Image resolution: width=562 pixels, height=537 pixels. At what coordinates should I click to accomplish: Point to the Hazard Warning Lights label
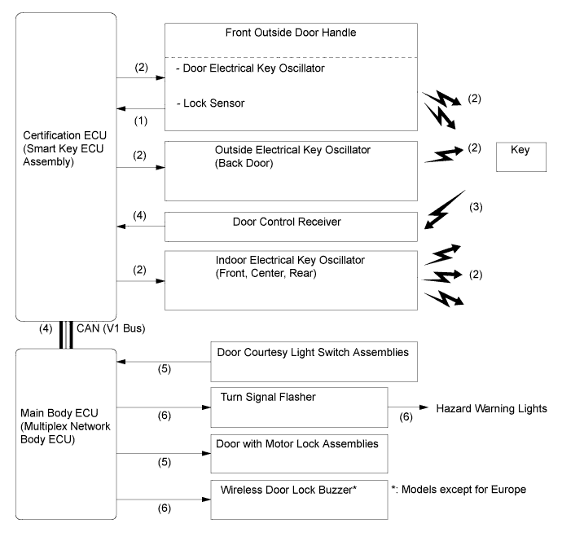pyautogui.click(x=491, y=409)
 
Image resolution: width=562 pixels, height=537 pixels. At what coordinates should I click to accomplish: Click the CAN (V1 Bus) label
pyautogui.click(x=111, y=328)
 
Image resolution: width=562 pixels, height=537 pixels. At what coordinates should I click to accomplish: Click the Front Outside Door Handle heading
pyautogui.click(x=291, y=33)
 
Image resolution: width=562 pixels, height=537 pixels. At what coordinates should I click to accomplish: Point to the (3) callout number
pyautogui.click(x=476, y=207)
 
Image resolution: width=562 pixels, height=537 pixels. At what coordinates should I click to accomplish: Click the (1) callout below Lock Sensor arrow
pyautogui.click(x=141, y=121)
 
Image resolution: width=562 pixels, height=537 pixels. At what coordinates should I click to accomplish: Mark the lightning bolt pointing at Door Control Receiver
pyautogui.click(x=445, y=209)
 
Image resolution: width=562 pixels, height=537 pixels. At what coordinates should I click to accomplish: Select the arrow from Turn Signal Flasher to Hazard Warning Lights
pyautogui.click(x=408, y=407)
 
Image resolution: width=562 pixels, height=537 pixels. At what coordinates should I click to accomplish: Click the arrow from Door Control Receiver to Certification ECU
pyautogui.click(x=140, y=227)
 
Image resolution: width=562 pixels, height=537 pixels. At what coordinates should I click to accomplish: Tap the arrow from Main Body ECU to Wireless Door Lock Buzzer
pyautogui.click(x=164, y=500)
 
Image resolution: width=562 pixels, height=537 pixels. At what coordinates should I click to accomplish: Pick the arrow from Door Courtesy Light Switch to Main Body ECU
pyautogui.click(x=164, y=362)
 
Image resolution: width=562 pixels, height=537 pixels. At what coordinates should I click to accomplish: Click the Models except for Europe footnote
pyautogui.click(x=459, y=489)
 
